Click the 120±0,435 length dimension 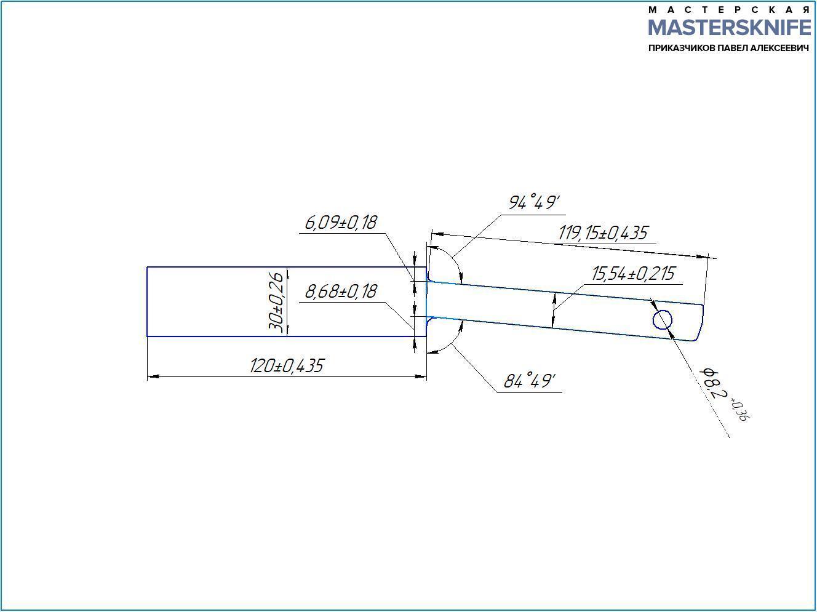click(287, 366)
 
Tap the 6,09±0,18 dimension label click(341, 223)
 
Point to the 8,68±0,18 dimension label click(341, 292)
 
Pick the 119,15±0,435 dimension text click(603, 233)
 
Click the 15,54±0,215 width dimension click(633, 274)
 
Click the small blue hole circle click(663, 320)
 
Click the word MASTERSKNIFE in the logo click(730, 27)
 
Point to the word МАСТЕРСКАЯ click(730, 10)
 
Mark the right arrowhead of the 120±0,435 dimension click(421, 377)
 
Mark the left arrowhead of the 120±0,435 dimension click(153, 377)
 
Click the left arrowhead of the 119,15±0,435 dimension click(437, 234)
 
